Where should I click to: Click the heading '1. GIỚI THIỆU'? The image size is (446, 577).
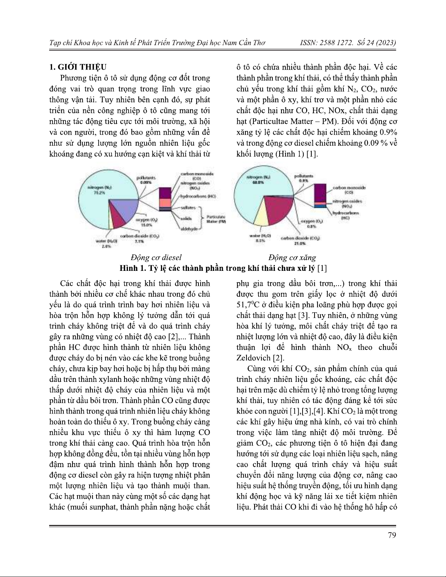pyautogui.click(x=78, y=67)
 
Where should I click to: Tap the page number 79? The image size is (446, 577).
pyautogui.click(x=392, y=535)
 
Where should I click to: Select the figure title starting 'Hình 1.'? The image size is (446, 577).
pyautogui.click(x=223, y=269)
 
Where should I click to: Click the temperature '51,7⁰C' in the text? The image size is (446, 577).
pyautogui.click(x=251, y=304)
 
